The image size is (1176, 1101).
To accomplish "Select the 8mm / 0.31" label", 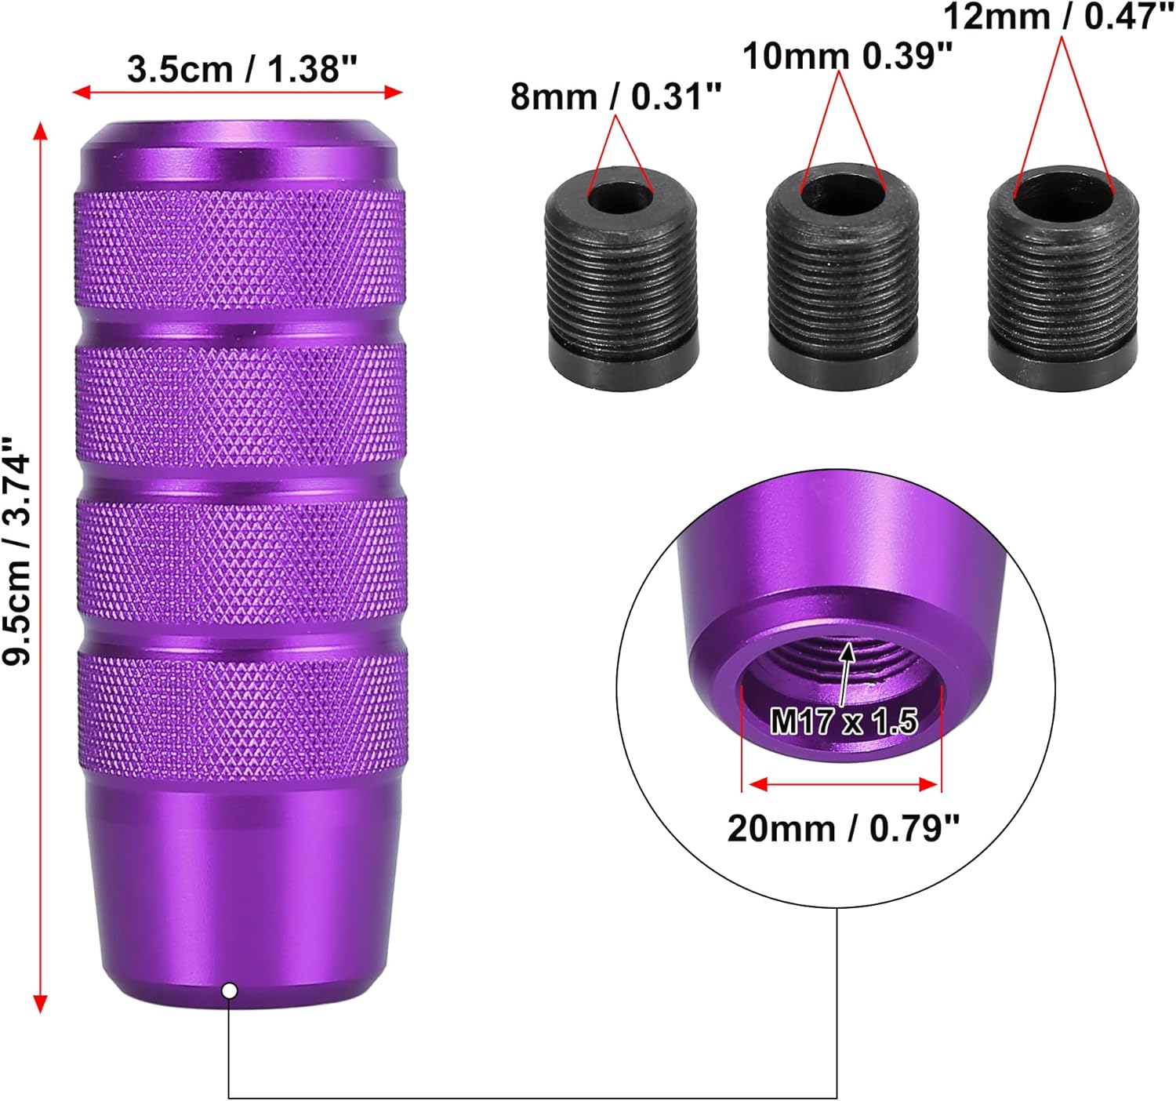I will pyautogui.click(x=615, y=97).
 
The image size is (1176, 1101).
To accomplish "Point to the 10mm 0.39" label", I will pyautogui.click(x=848, y=56).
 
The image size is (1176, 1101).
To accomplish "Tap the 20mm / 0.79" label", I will pyautogui.click(x=843, y=828).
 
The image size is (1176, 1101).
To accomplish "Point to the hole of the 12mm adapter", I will pyautogui.click(x=1063, y=191).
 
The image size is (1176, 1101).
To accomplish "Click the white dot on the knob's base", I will pyautogui.click(x=230, y=990).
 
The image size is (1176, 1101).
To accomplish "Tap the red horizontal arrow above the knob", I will pyautogui.click(x=238, y=93).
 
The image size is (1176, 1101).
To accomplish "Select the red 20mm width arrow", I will pyautogui.click(x=843, y=784).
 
